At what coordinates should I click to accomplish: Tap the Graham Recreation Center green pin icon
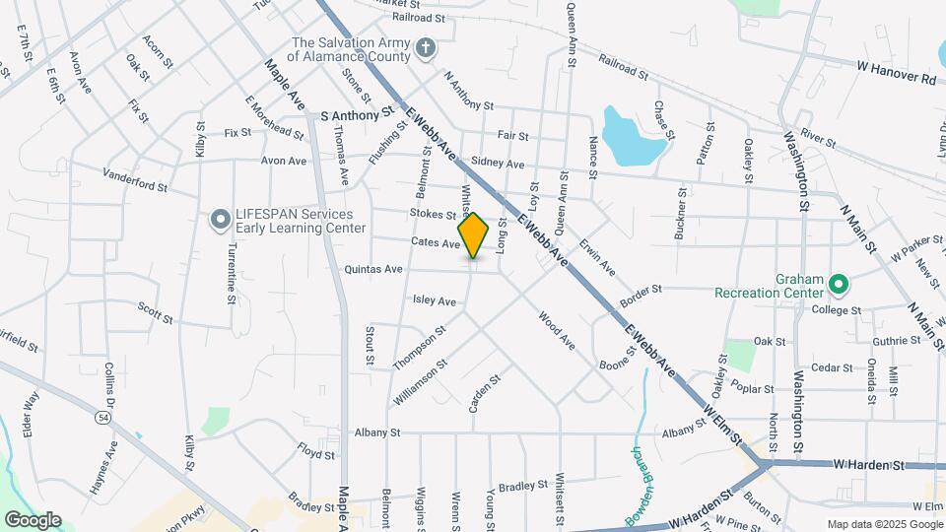point(839,285)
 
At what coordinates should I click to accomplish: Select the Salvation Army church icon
point(425,47)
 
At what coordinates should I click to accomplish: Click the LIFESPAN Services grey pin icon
point(218,220)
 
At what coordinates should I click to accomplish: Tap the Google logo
point(33,520)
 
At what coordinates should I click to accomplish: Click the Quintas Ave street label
point(373,269)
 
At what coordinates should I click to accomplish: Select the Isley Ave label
point(434,300)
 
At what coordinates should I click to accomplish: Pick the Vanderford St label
point(135,179)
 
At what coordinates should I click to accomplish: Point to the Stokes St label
point(434,214)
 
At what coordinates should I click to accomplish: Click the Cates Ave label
point(436,243)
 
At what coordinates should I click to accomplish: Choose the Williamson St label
point(421,377)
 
